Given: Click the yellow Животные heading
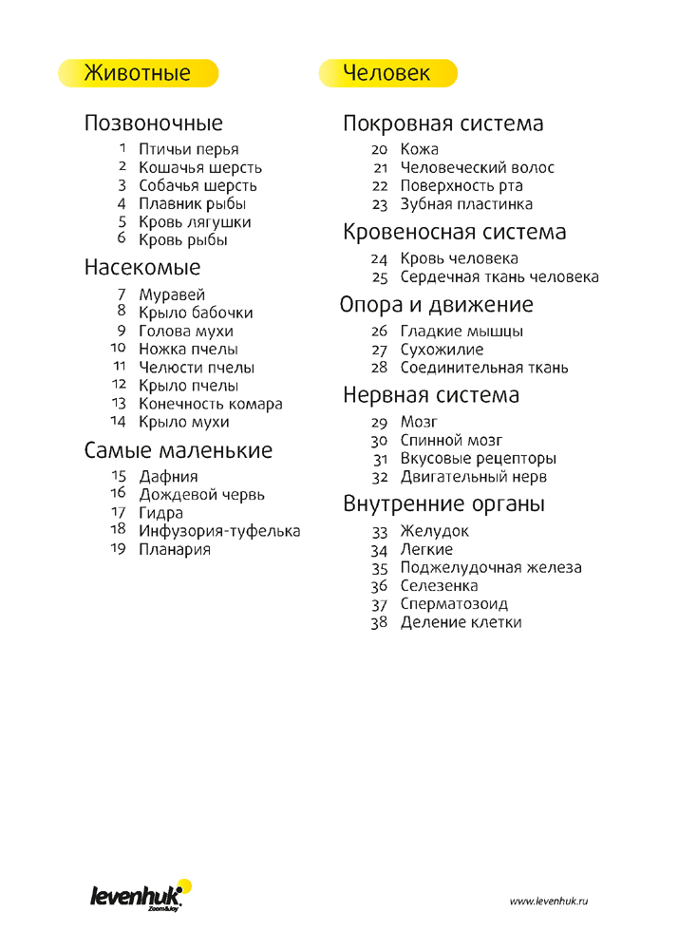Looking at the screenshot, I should coord(139,73).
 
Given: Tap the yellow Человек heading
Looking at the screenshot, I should coord(387,73).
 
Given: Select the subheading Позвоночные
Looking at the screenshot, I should coord(154,123).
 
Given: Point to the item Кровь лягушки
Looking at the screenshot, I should coord(195,222).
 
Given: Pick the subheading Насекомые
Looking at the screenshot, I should coord(142,268).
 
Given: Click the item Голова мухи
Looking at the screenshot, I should coord(186,332).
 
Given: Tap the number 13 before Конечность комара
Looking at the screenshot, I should coord(119,403).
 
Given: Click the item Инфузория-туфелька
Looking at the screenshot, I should coord(219,530).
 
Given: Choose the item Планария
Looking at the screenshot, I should coord(175,549).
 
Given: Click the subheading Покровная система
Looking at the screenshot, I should coord(443,124).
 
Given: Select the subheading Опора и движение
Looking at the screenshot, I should coord(436,305).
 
